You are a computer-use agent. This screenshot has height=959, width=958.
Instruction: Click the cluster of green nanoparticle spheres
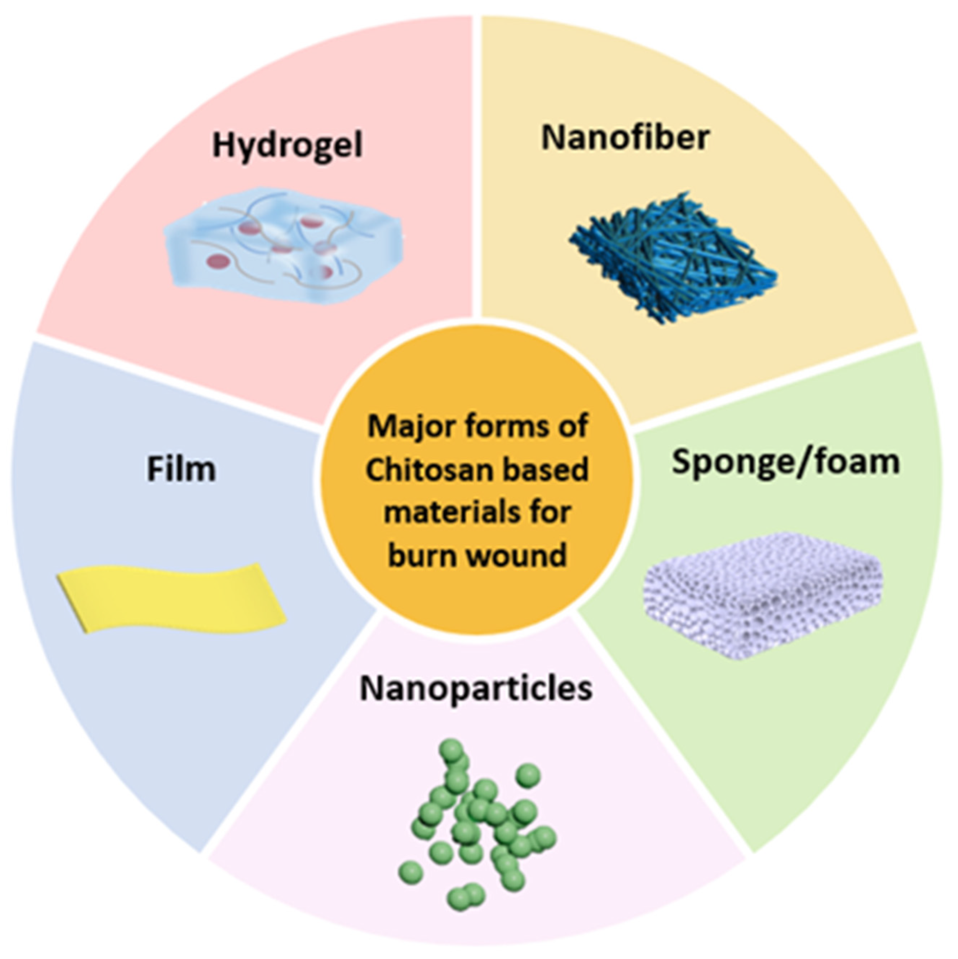(477, 824)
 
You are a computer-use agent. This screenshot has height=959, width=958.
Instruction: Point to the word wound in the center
(526, 554)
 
